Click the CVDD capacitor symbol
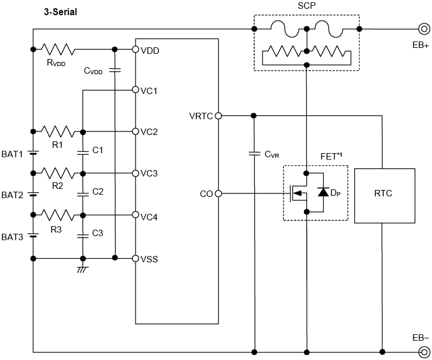coord(116,70)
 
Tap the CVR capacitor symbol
coord(254,154)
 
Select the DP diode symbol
coord(323,192)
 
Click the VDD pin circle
coord(136,50)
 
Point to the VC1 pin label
coord(149,91)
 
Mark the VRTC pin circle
coord(218,116)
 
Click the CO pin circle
coord(218,193)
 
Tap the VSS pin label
coord(149,258)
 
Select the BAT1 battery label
coord(12,154)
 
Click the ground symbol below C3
coord(83,268)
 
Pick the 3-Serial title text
coord(61,11)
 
